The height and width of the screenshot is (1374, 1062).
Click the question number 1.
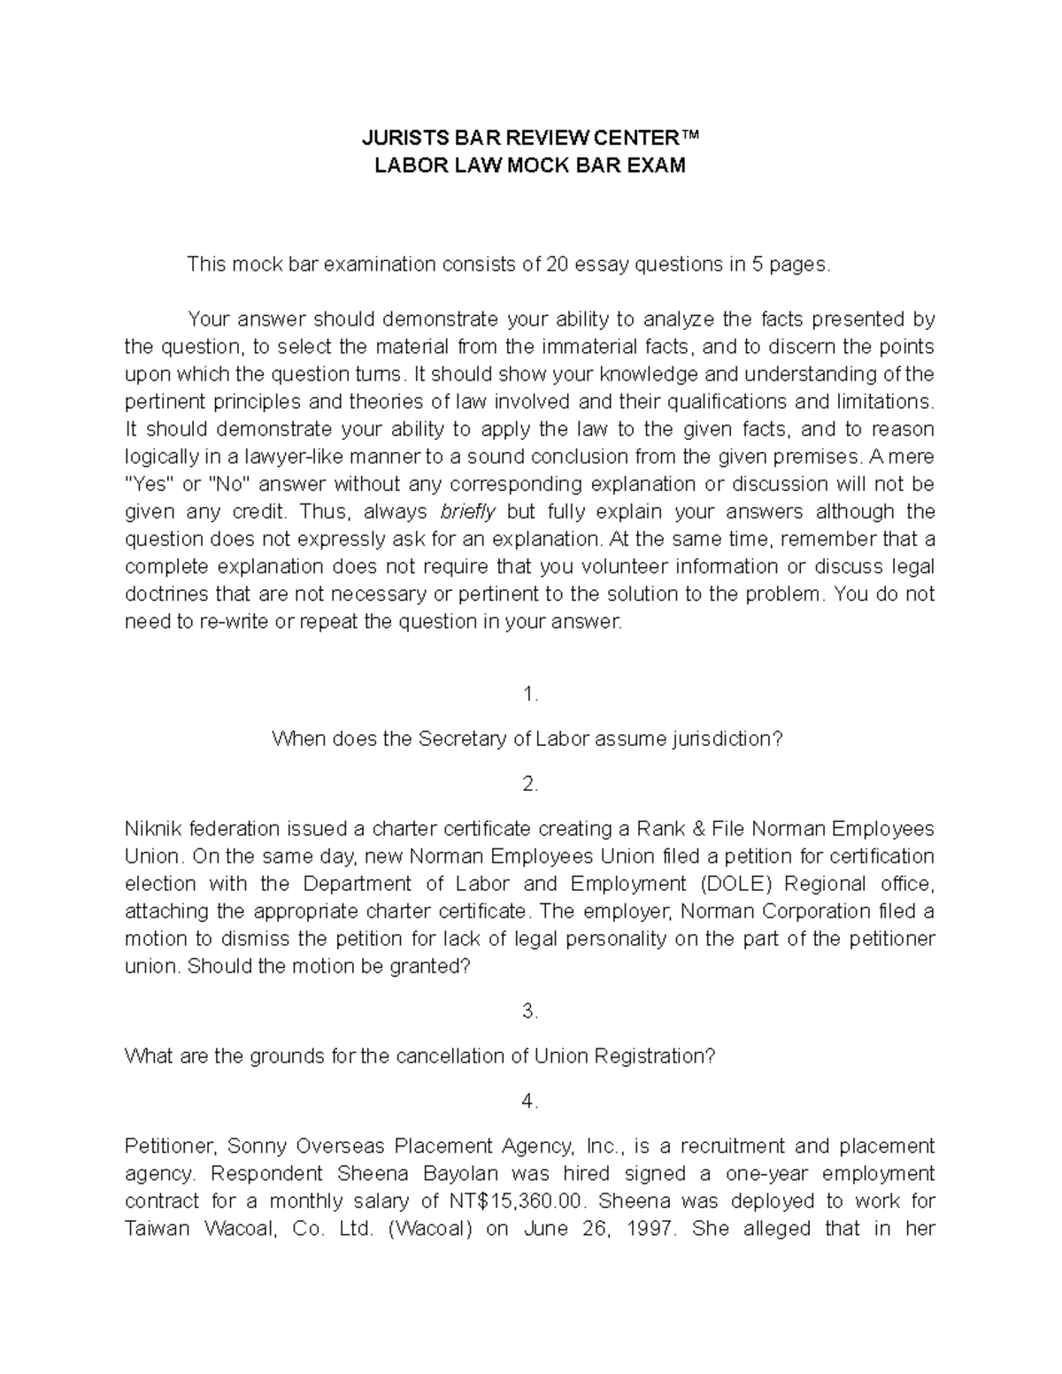(x=530, y=695)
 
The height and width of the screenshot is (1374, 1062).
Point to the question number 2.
(x=530, y=784)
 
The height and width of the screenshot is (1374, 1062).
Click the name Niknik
(x=155, y=829)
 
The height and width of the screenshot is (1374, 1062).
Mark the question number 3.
(x=530, y=1011)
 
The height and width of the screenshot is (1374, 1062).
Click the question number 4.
(x=530, y=1101)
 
